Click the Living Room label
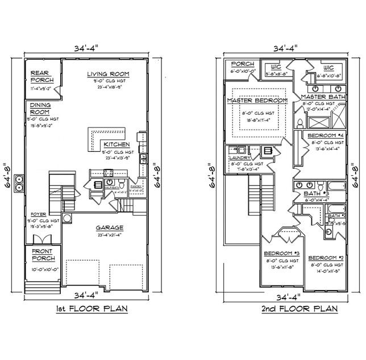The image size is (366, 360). pyautogui.click(x=108, y=74)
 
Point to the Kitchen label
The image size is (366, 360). pyautogui.click(x=116, y=144)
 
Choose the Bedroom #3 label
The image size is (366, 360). pyautogui.click(x=281, y=253)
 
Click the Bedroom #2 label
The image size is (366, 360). pyautogui.click(x=326, y=258)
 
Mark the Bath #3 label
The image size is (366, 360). pyautogui.click(x=318, y=194)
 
